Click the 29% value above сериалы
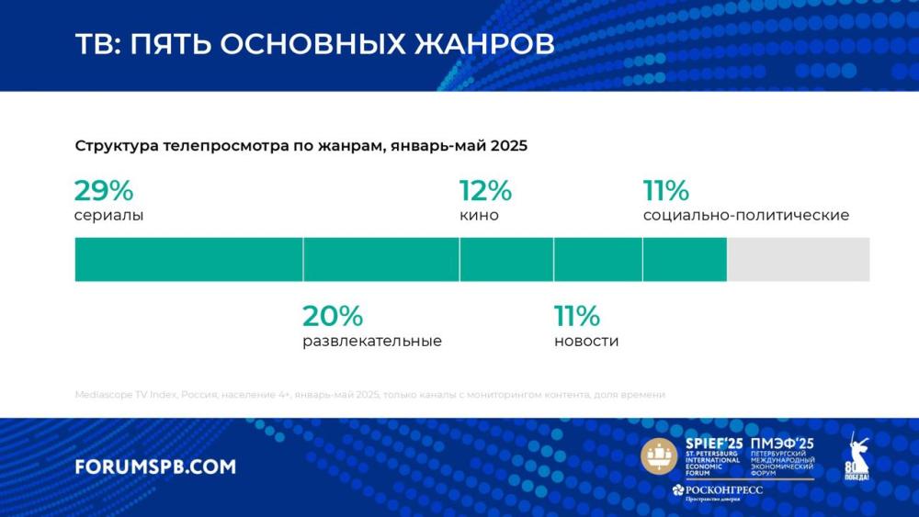point(104,191)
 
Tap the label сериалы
point(108,216)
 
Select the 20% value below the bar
point(333,317)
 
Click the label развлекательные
point(372,342)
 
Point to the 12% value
point(485,191)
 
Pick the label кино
point(479,216)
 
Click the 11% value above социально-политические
point(666,191)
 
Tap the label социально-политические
point(745,216)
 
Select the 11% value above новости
point(577,317)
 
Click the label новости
point(586,342)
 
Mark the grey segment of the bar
point(798,259)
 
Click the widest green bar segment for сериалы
point(188,259)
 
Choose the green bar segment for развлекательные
point(381,259)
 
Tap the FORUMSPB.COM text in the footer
point(155,466)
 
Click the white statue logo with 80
point(857,455)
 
